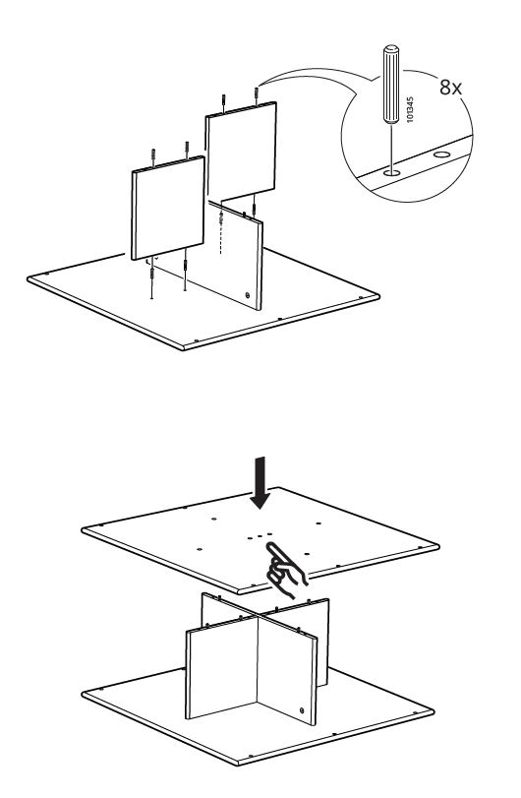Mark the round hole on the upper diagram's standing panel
point(247,293)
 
